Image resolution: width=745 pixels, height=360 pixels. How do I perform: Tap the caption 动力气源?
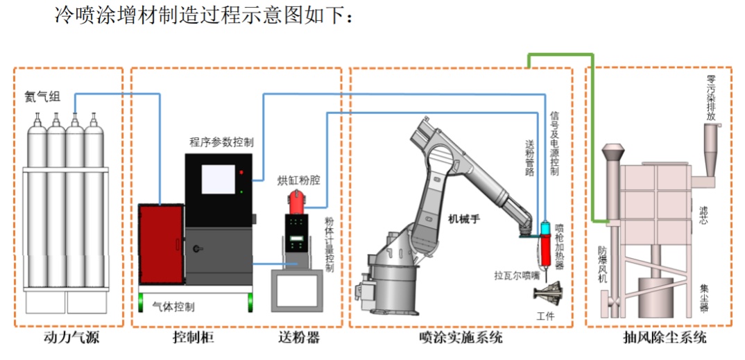coord(67,338)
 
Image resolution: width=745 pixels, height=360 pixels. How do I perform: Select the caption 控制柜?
coord(194,338)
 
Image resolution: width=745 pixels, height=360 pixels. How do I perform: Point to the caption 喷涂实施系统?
coord(461,338)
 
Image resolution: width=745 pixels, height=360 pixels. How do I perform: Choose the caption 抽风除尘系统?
coord(665,338)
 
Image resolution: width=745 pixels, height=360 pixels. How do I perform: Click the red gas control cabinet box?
coord(161,243)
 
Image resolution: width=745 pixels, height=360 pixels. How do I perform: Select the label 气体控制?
coord(173,307)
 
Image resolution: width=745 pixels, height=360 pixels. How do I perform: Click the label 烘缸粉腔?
coord(299,180)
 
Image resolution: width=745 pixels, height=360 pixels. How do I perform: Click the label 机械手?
coord(464,219)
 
